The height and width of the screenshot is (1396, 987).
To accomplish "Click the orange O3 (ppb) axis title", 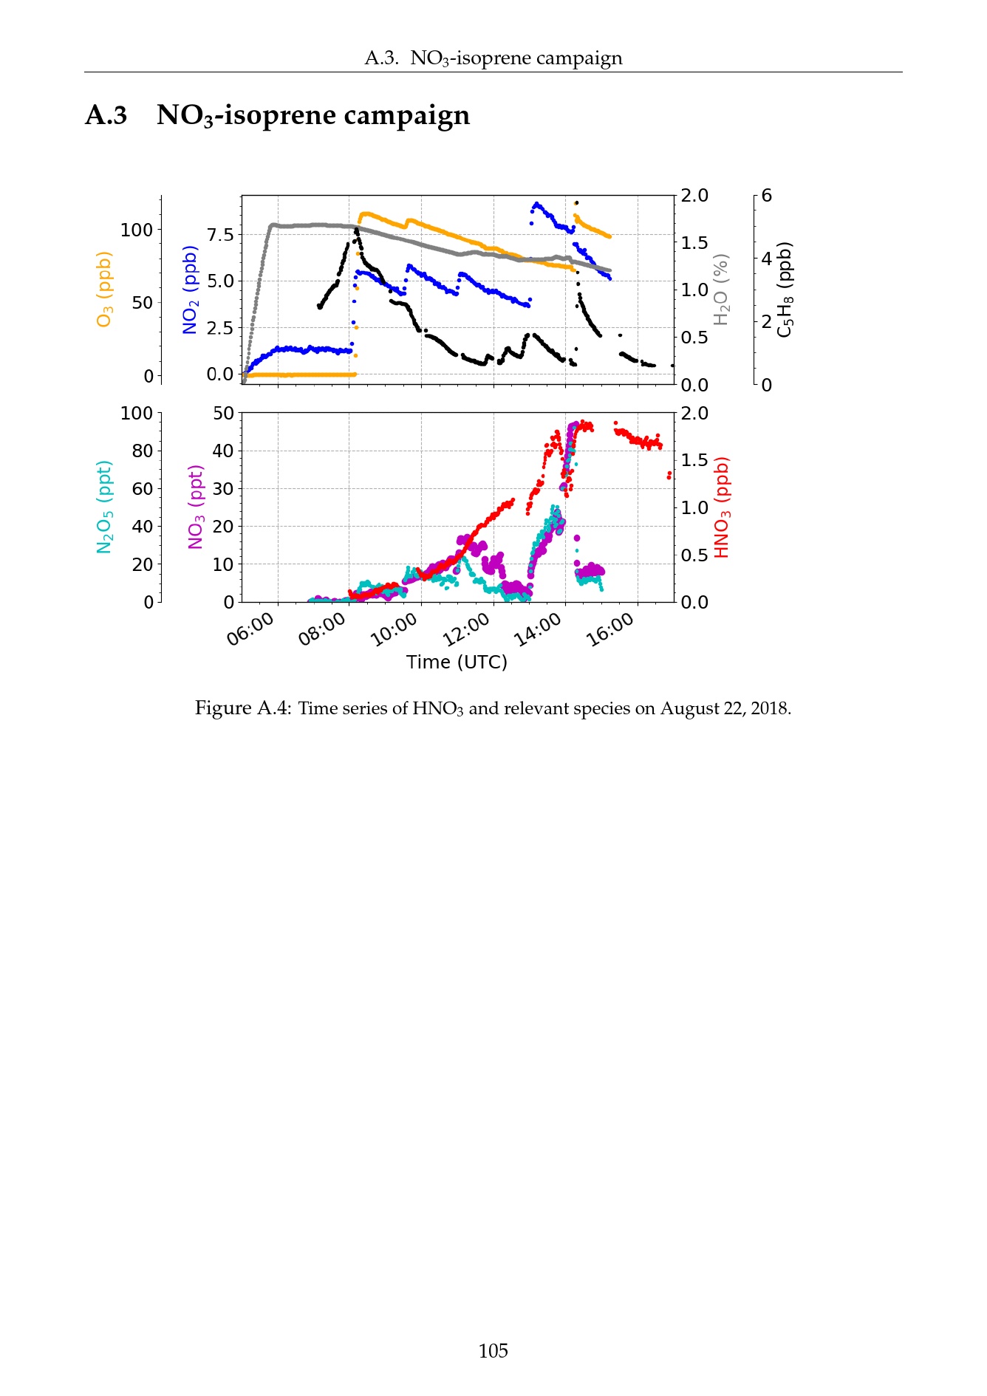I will pyautogui.click(x=104, y=289).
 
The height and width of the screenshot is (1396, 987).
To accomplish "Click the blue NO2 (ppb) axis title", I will pyautogui.click(x=190, y=290).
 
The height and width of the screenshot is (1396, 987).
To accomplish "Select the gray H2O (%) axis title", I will pyautogui.click(x=721, y=289).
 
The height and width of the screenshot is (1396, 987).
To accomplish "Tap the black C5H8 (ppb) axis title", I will pyautogui.click(x=785, y=289).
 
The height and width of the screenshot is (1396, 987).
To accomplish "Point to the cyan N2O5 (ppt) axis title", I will pyautogui.click(x=104, y=507).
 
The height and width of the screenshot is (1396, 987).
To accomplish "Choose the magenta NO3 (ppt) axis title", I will pyautogui.click(x=196, y=507).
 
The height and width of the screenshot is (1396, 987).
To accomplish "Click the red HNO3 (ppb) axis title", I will pyautogui.click(x=722, y=507).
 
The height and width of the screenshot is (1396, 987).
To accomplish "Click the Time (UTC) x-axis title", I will pyautogui.click(x=457, y=662).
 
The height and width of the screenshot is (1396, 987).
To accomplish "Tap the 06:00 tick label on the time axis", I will pyautogui.click(x=250, y=630).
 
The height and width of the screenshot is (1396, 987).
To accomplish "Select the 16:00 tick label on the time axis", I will pyautogui.click(x=610, y=630).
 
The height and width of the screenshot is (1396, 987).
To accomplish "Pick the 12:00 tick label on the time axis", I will pyautogui.click(x=466, y=630).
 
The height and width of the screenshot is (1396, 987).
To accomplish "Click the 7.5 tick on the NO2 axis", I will pyautogui.click(x=219, y=235).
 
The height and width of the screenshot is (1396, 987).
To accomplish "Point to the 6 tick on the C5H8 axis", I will pyautogui.click(x=767, y=196).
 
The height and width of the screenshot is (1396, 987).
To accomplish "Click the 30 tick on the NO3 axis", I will pyautogui.click(x=222, y=488).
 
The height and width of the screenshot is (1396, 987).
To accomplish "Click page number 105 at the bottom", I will pyautogui.click(x=493, y=1351).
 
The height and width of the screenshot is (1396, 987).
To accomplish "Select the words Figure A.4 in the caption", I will pyautogui.click(x=242, y=708).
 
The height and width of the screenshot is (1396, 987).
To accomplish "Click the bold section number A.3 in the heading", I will pyautogui.click(x=106, y=115).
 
